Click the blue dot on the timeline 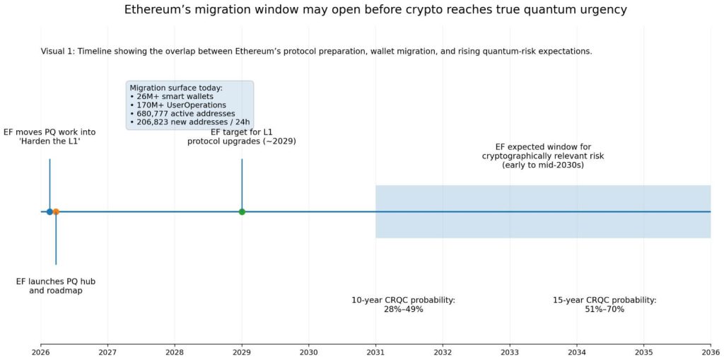49,211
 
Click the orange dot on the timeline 56,211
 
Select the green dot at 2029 242,211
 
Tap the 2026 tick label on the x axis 41,352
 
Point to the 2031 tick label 375,352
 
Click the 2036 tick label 710,352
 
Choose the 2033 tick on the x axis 510,352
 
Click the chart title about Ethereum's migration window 375,10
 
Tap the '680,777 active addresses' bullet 182,113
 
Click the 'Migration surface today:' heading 176,88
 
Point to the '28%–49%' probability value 403,309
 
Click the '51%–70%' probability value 605,309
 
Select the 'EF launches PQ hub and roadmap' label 56,286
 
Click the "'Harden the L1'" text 49,141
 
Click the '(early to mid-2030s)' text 543,165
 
